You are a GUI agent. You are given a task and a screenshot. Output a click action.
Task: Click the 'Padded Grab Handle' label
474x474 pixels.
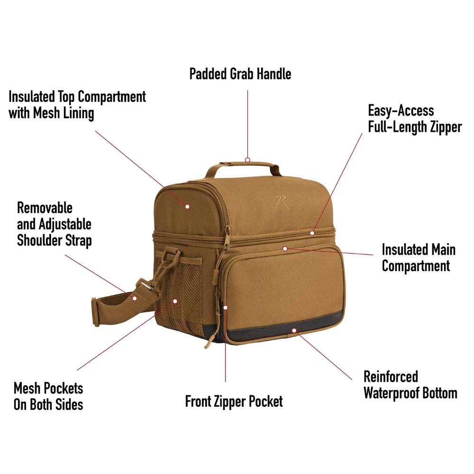click(x=240, y=74)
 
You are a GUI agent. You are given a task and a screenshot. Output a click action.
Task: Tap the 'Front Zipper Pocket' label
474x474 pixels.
click(x=234, y=401)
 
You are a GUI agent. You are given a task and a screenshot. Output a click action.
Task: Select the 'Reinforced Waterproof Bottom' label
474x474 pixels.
click(x=410, y=385)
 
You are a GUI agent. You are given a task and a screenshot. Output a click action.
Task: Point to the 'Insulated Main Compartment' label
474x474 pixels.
click(x=419, y=257)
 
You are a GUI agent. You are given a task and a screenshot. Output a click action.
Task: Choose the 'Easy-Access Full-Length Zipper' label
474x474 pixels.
click(x=415, y=119)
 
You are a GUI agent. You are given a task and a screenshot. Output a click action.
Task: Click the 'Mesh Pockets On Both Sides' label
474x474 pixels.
click(x=48, y=396)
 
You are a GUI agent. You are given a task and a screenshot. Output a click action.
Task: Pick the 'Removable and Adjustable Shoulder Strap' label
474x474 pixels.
click(x=54, y=224)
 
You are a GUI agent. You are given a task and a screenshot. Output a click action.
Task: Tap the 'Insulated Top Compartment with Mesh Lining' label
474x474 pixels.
click(x=77, y=105)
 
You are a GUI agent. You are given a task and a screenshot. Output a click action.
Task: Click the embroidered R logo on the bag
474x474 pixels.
click(x=280, y=201)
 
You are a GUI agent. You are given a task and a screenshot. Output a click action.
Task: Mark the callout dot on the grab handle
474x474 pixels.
click(x=247, y=160)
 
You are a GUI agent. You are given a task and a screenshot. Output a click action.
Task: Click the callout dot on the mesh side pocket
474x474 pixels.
click(x=175, y=301)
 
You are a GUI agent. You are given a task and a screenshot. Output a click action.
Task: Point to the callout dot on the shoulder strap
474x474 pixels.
click(x=135, y=298)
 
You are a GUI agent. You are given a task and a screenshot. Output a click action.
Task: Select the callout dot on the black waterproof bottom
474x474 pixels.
click(x=294, y=330)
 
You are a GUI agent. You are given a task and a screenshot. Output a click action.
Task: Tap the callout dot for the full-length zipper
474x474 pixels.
click(x=312, y=233)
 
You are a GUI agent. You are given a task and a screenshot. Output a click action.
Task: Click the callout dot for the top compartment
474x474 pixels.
click(x=187, y=207)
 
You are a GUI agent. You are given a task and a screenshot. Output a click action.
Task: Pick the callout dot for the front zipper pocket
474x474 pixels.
click(x=226, y=308)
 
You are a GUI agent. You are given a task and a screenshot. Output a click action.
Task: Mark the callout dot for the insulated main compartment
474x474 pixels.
click(x=285, y=248)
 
